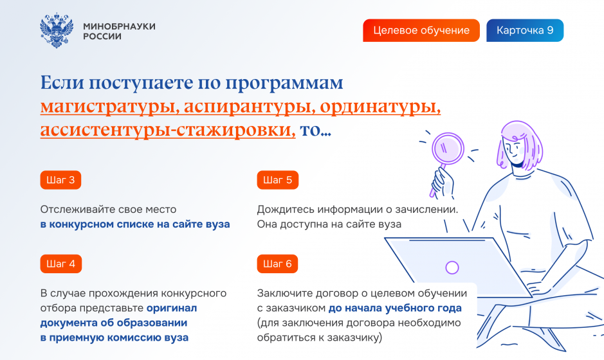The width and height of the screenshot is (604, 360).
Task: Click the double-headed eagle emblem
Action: [57, 30]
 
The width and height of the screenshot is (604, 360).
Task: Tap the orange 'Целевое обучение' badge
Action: [421, 30]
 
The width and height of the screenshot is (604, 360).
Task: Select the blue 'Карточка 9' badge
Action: [525, 30]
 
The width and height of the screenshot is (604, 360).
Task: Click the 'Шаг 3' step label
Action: [60, 180]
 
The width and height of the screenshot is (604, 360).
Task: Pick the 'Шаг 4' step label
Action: [61, 264]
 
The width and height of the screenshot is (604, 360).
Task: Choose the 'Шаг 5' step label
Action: [277, 180]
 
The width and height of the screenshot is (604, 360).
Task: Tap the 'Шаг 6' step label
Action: [277, 264]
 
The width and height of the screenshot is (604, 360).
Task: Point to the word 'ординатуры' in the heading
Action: [380, 107]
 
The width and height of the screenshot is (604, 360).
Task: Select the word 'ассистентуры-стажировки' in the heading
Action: [168, 130]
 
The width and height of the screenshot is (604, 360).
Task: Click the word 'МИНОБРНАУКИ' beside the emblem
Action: [120, 26]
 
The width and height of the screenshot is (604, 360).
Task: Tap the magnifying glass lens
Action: [448, 148]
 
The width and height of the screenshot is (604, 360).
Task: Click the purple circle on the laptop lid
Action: [452, 267]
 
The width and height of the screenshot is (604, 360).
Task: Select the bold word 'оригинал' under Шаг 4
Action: [172, 309]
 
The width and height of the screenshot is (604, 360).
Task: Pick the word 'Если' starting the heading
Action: [62, 82]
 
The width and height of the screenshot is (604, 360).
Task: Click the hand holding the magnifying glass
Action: [443, 183]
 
